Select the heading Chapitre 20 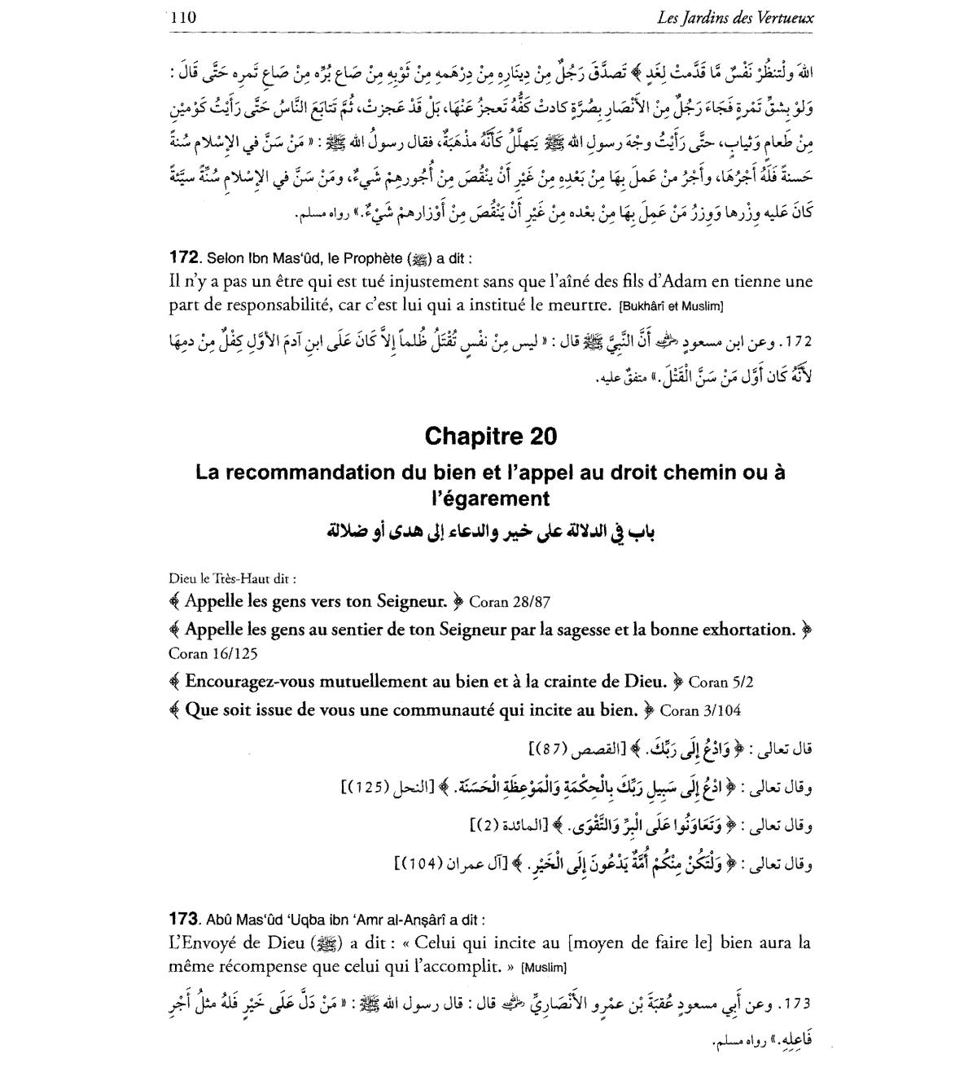pyautogui.click(x=491, y=437)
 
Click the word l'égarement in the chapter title pyautogui.click(x=490, y=498)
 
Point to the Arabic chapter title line pyautogui.click(x=490, y=532)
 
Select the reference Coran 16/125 pyautogui.click(x=215, y=653)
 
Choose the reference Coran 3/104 pyautogui.click(x=700, y=710)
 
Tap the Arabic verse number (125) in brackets pyautogui.click(x=370, y=788)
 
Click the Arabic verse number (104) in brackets pyautogui.click(x=423, y=863)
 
